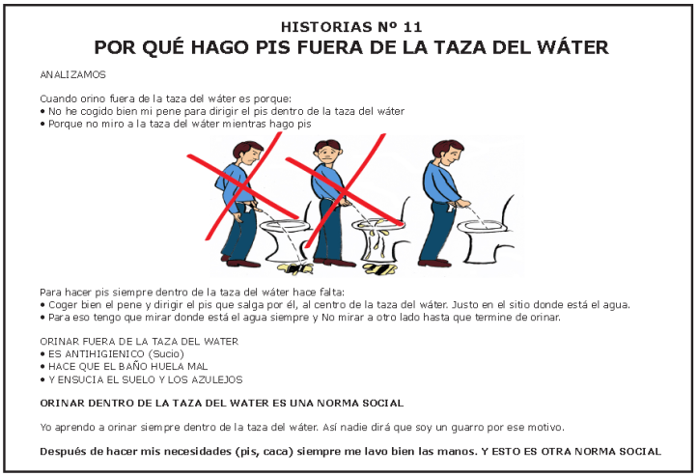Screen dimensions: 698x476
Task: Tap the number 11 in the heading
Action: pos(412,27)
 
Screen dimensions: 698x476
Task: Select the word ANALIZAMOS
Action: pos(73,74)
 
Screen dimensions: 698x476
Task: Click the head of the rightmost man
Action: pos(447,154)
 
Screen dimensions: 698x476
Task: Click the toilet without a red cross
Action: pos(484,232)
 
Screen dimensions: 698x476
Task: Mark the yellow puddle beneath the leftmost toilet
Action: pos(295,268)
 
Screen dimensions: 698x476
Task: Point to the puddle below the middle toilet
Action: pos(379,268)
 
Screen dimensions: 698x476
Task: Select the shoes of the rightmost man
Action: pos(434,263)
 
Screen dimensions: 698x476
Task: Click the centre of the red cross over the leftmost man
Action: pos(242,187)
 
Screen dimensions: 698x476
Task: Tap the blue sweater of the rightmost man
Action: pos(440,182)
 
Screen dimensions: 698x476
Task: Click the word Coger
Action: pos(63,305)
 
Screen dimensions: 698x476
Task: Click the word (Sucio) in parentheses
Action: pos(166,354)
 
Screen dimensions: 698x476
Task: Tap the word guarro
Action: pos(467,428)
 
